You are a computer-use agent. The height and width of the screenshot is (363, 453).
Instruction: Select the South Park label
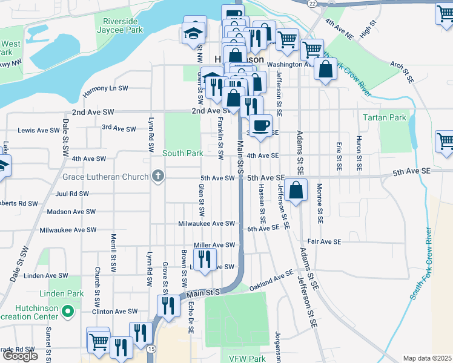pos(182,153)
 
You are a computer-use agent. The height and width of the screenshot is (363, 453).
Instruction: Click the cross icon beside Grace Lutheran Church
pos(157,177)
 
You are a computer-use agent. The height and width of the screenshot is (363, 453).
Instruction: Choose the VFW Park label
pos(246,358)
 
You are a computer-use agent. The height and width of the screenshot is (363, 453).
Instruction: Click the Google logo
pos(20,356)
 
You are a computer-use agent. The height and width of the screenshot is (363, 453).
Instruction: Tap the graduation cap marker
pos(193,31)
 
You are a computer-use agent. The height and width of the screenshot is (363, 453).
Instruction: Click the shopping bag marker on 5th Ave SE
pos(295,191)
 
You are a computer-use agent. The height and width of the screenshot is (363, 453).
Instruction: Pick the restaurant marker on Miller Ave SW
pos(205,260)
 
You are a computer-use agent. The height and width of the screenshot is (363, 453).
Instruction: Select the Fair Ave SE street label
pos(324,241)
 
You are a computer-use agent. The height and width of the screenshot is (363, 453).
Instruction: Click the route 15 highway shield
pos(151,349)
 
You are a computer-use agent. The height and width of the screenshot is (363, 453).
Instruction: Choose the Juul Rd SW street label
pos(71,194)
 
